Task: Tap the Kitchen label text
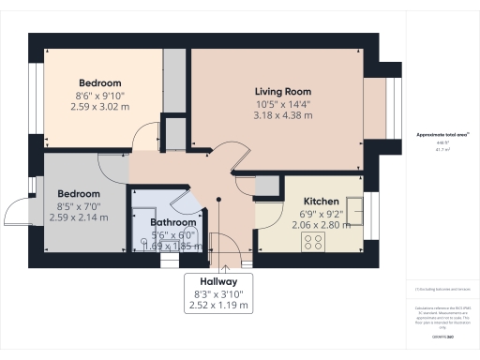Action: pos(321,202)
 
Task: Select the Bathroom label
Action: pos(174,222)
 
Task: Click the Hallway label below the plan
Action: pos(218,281)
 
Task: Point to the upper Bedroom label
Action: pos(98,82)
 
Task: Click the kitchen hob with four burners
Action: pos(312,240)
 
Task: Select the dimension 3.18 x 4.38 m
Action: pos(282,116)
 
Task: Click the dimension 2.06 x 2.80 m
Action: pos(321,226)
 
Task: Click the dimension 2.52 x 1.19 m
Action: pos(218,306)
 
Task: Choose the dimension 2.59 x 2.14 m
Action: pos(79,217)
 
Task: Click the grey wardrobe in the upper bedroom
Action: pos(175,84)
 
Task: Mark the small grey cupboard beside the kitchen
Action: pos(266,186)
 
